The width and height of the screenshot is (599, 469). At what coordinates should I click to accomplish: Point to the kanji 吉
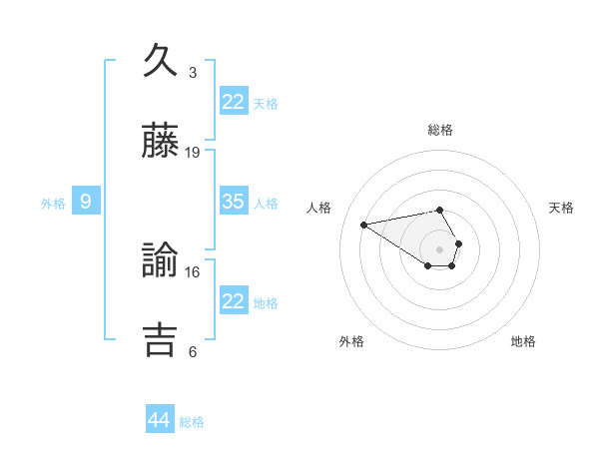(160, 338)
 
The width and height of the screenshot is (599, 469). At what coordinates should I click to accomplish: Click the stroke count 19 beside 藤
(193, 153)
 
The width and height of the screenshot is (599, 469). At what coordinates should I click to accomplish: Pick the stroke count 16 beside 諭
(193, 271)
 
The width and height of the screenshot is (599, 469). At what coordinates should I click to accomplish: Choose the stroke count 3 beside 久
(193, 73)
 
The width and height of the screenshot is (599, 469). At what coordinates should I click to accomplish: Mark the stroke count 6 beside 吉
(193, 351)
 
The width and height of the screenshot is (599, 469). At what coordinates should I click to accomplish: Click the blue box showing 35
(234, 202)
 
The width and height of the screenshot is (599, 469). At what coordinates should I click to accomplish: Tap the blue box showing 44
(160, 420)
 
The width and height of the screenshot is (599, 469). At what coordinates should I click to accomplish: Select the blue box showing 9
(86, 202)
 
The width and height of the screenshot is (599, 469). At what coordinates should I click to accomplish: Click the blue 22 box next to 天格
(234, 102)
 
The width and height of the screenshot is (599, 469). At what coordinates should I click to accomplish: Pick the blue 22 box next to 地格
(234, 301)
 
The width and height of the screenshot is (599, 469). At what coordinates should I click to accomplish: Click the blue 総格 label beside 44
(192, 422)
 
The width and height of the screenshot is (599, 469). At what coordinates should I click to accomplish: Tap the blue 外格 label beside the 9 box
(53, 204)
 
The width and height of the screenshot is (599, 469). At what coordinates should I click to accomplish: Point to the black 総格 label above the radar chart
(439, 130)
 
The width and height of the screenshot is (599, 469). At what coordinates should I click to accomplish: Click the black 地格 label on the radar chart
(523, 341)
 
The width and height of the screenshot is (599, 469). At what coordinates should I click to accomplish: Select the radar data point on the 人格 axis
(364, 224)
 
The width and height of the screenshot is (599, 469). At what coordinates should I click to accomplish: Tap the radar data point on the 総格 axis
(439, 210)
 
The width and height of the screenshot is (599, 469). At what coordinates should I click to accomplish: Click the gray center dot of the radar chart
(439, 248)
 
